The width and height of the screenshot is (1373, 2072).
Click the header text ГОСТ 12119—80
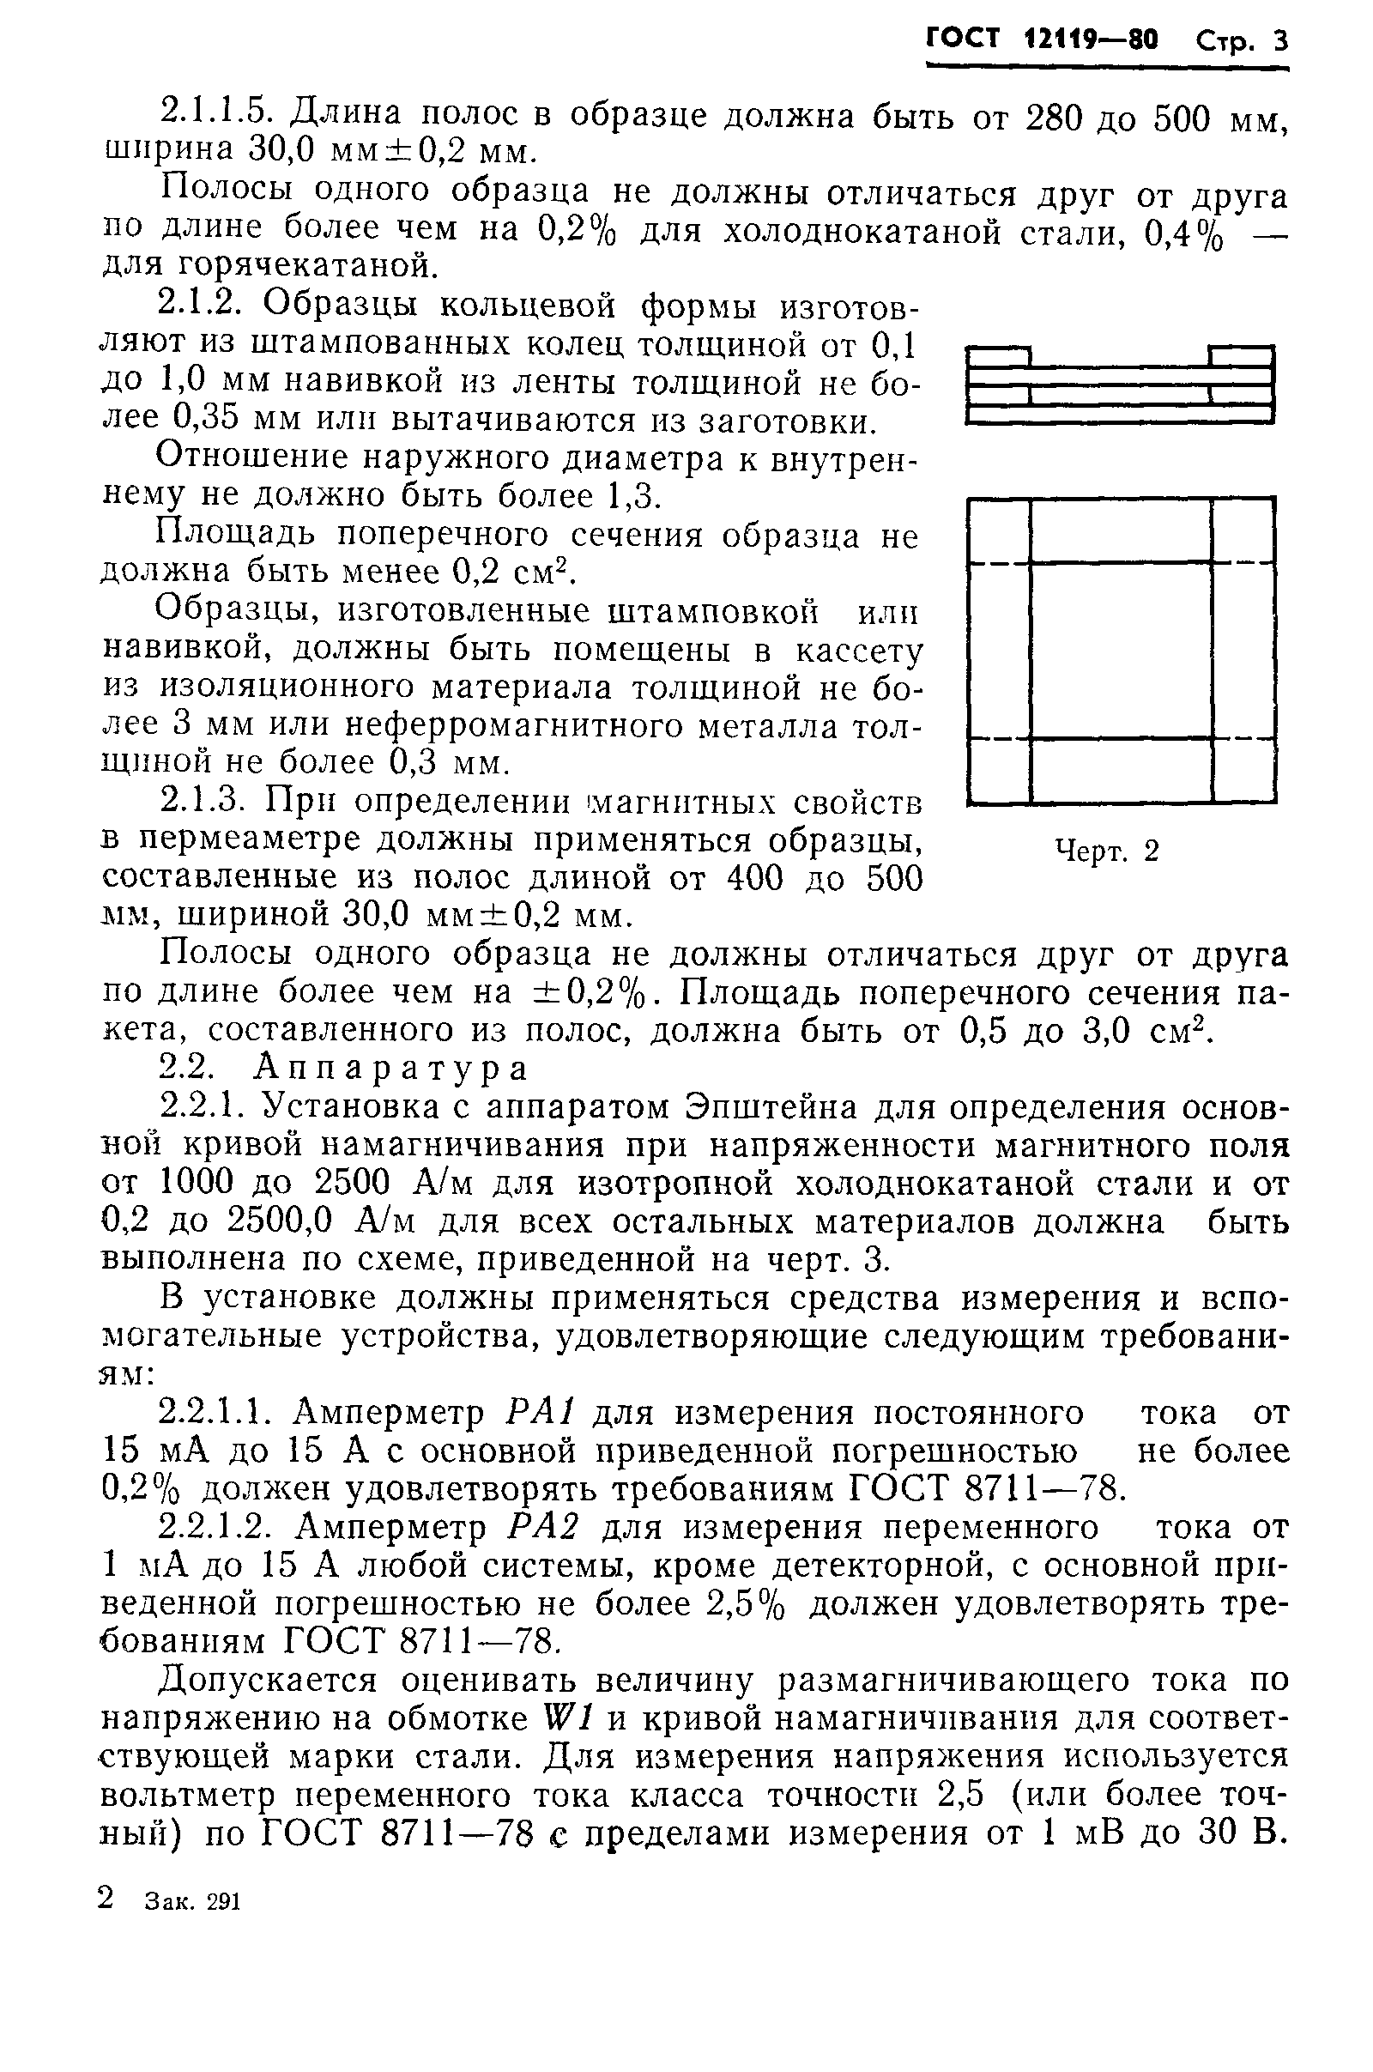coord(1041,39)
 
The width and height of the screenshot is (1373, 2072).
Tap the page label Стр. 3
coord(1242,41)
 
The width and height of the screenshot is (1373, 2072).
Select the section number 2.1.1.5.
coord(218,112)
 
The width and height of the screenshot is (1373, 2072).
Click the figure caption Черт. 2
coord(1107,851)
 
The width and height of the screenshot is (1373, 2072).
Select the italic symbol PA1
coord(540,1413)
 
